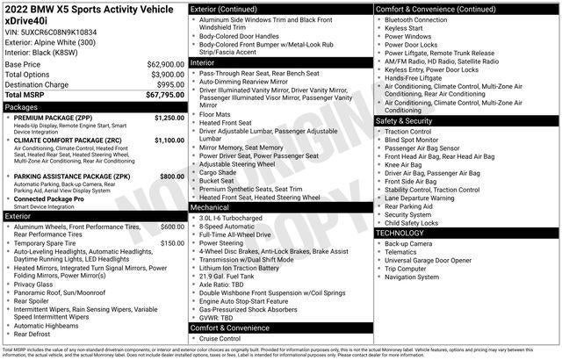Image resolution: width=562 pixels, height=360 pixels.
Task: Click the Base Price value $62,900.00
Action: (x=165, y=64)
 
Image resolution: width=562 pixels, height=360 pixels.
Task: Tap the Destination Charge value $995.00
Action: (x=169, y=84)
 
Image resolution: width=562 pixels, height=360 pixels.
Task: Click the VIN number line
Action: (x=52, y=31)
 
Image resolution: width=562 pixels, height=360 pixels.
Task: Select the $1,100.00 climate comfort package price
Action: (x=169, y=140)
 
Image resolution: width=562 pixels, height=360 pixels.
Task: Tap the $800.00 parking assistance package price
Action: (x=171, y=176)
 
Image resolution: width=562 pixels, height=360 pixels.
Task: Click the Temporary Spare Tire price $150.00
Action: (x=171, y=242)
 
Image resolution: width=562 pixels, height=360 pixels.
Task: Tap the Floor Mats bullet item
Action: (x=216, y=113)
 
